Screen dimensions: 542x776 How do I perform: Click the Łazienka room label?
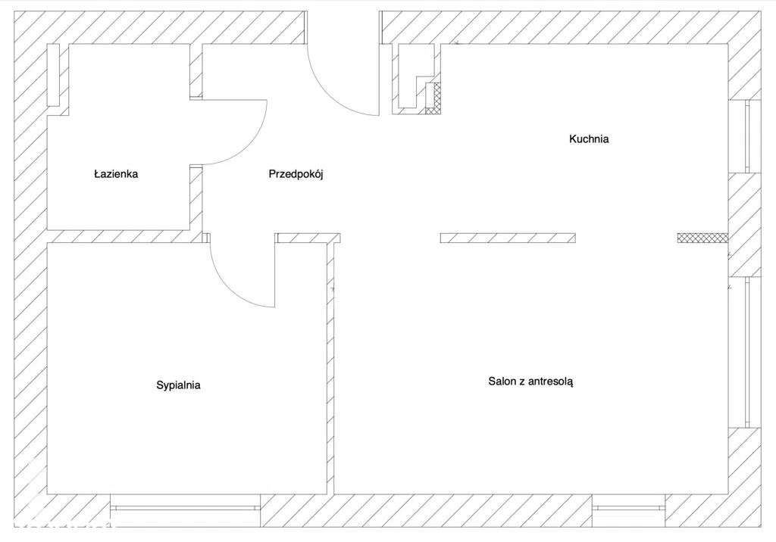click(x=116, y=174)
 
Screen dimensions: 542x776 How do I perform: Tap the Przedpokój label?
click(x=296, y=174)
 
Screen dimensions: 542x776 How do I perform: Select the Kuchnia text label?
click(x=589, y=139)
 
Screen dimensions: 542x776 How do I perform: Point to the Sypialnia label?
click(x=178, y=385)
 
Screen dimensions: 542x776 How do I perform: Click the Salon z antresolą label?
click(x=530, y=382)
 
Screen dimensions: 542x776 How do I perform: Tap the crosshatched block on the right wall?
click(x=702, y=238)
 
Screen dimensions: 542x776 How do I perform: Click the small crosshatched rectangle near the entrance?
click(x=432, y=98)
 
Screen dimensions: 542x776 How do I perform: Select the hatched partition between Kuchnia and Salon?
click(x=508, y=238)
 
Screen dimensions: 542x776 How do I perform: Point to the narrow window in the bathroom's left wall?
click(x=53, y=75)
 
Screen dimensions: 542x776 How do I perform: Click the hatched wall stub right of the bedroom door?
click(x=306, y=238)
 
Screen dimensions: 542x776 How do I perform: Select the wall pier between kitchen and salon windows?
click(x=744, y=224)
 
